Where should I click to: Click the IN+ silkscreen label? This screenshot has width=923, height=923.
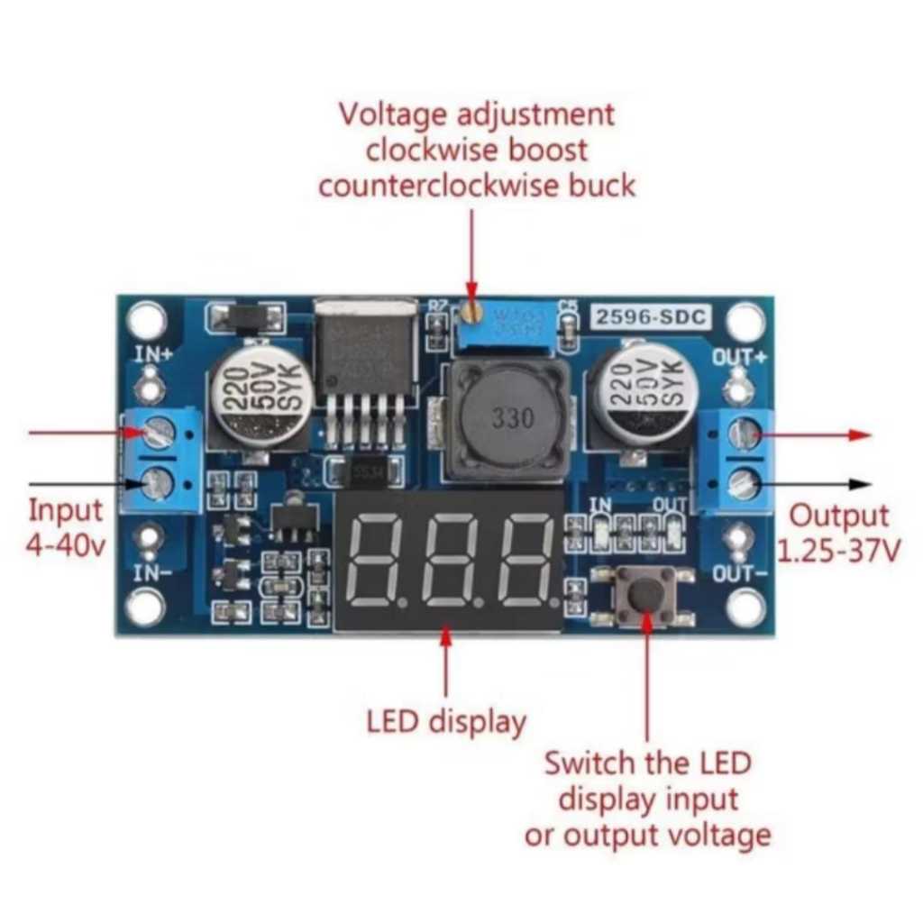152,353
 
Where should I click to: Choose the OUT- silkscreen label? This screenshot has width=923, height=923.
739,573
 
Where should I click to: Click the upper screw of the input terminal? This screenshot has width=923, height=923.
157,434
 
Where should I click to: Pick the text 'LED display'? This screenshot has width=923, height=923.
446,721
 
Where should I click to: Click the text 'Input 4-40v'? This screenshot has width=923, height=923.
65,527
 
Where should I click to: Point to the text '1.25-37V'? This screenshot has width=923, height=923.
838,550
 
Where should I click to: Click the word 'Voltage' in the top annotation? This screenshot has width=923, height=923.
392,114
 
